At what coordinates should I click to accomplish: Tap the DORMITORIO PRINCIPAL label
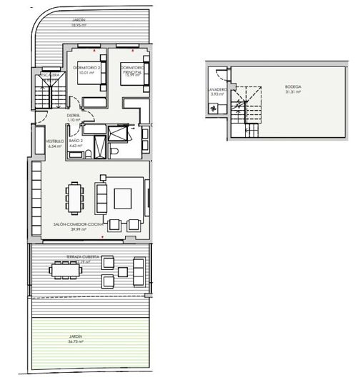point(133,69)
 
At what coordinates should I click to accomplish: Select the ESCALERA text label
point(50,75)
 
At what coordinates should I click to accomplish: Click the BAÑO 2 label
point(78,143)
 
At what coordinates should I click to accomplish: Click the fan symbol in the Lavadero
point(212,109)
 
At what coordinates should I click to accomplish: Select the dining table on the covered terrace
point(64,269)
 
